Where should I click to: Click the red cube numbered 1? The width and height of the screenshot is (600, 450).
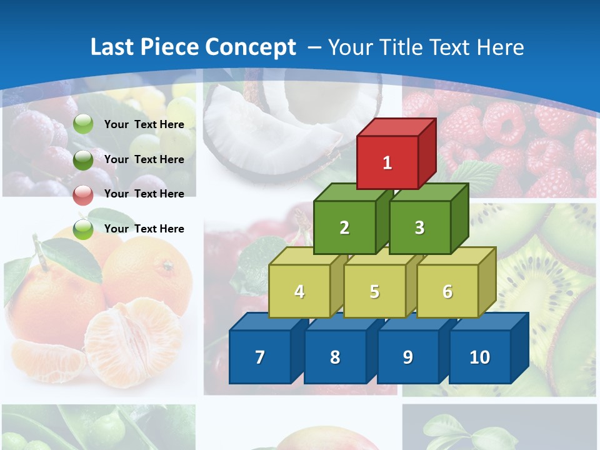(387, 162)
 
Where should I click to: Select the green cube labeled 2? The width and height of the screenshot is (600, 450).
(344, 227)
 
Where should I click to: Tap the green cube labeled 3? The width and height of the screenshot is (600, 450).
(419, 227)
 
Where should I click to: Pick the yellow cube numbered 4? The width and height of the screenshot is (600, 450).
(299, 291)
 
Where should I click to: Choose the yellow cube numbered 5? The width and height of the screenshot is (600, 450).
(374, 291)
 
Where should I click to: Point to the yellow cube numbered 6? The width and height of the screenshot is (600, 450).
(447, 291)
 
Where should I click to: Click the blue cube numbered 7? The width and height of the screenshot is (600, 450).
(260, 357)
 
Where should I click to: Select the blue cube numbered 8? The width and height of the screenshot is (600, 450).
(335, 357)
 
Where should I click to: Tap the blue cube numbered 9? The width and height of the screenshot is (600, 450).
(407, 357)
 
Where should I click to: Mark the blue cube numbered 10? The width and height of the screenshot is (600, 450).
(480, 357)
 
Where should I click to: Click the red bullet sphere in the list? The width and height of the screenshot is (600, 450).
(83, 194)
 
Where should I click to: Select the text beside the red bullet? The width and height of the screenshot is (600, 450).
(144, 194)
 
